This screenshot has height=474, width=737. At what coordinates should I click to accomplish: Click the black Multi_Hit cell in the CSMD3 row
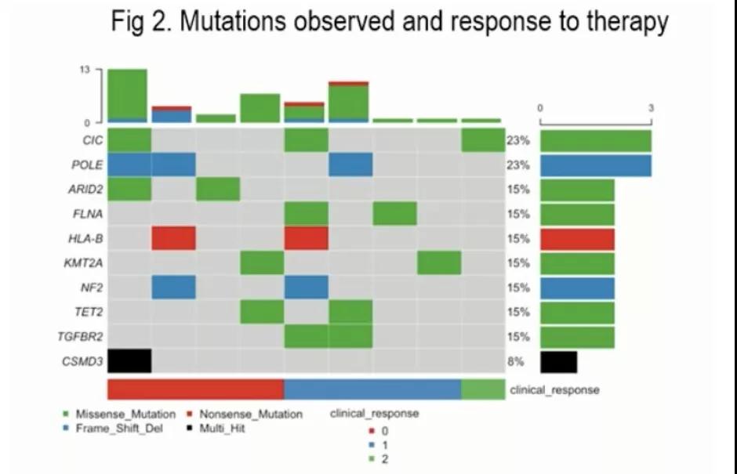click(x=129, y=361)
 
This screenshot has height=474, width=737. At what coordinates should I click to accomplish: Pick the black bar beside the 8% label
click(x=558, y=362)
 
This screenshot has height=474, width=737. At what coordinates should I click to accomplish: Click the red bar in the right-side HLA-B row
click(x=577, y=239)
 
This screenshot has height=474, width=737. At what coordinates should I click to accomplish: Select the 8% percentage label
click(x=517, y=362)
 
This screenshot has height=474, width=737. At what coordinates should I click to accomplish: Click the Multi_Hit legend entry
click(x=222, y=429)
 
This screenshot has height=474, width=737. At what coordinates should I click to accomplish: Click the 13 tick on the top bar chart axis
click(x=84, y=71)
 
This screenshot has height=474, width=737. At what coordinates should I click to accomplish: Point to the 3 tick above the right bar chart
click(x=651, y=107)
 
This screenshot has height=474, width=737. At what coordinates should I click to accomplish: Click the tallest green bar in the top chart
click(x=128, y=94)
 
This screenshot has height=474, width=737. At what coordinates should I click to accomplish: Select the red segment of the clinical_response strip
click(x=195, y=389)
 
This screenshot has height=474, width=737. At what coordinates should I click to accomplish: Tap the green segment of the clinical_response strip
click(x=483, y=389)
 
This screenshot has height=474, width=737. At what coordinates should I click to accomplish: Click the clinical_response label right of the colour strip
click(x=554, y=389)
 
